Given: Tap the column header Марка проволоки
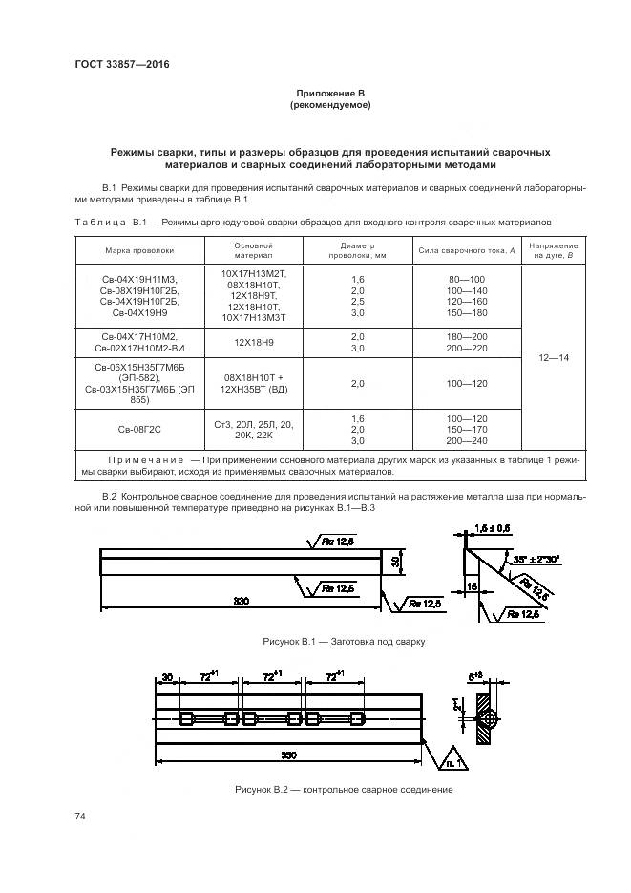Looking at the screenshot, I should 139,251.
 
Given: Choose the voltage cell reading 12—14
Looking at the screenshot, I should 555,357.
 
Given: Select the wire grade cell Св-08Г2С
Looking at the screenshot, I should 139,430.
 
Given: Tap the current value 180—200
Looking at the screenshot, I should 466,337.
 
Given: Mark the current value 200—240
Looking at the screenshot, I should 466,441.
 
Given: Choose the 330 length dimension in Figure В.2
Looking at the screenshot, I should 286,755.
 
